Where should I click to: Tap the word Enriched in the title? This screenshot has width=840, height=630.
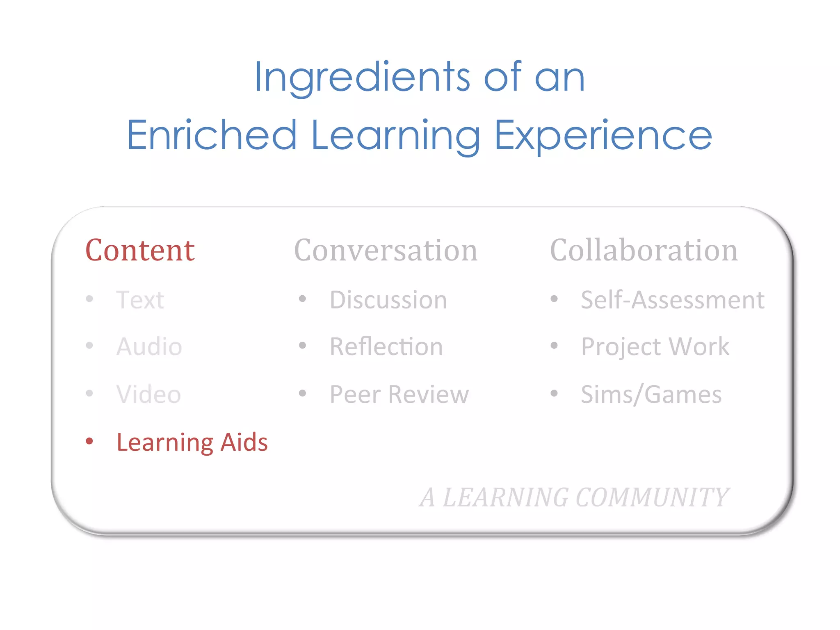coord(212,135)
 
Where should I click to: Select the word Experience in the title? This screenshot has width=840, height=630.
coord(603,135)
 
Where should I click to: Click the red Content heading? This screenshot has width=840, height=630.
coord(140,250)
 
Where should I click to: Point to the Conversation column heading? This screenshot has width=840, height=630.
coord(386,250)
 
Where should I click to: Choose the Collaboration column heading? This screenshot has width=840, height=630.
coord(644,250)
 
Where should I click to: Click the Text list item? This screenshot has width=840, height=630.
coord(140,300)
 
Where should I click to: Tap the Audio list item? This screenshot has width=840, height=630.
coord(149,347)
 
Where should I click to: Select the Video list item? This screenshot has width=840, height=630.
coord(148,394)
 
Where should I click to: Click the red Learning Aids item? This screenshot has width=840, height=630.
coord(192,442)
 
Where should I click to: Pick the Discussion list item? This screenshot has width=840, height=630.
coord(388,300)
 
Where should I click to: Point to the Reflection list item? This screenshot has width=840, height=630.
coord(386,347)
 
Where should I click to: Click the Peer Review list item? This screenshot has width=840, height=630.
coord(399,394)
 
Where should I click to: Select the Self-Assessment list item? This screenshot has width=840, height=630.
coord(673,300)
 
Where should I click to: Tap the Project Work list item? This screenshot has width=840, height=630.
coord(655,347)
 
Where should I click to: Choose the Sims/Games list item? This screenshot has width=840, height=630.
coord(651,394)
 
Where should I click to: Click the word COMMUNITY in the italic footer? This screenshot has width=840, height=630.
coord(652,498)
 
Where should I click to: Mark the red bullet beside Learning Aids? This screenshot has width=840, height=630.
coord(89,441)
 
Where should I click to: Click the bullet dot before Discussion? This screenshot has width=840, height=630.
coord(303,299)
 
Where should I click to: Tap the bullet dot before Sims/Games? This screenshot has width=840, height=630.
coord(554,393)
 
